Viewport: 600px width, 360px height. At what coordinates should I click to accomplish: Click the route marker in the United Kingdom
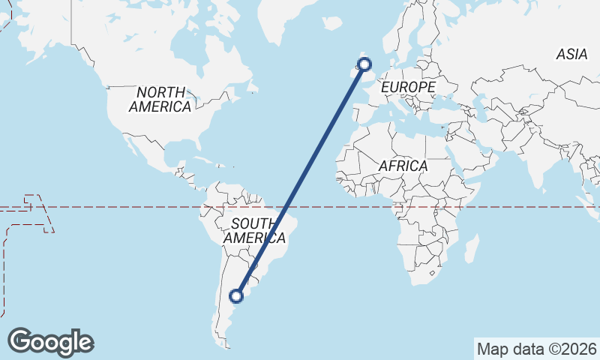[x=365, y=64]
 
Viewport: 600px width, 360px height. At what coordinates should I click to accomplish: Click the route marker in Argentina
[x=237, y=296]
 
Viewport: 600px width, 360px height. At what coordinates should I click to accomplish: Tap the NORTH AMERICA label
[x=160, y=99]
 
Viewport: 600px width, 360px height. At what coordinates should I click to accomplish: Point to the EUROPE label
[x=408, y=88]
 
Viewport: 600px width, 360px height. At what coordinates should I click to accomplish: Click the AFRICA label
[x=403, y=166]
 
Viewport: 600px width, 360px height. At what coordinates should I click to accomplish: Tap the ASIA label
[x=571, y=54]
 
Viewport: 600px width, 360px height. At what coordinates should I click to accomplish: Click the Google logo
[x=50, y=342]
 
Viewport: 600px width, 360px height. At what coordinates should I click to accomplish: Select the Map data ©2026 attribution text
[x=537, y=349]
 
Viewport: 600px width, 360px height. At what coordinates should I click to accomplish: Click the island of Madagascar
[x=472, y=248]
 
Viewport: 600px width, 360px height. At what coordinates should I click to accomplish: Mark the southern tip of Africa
[x=421, y=283]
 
